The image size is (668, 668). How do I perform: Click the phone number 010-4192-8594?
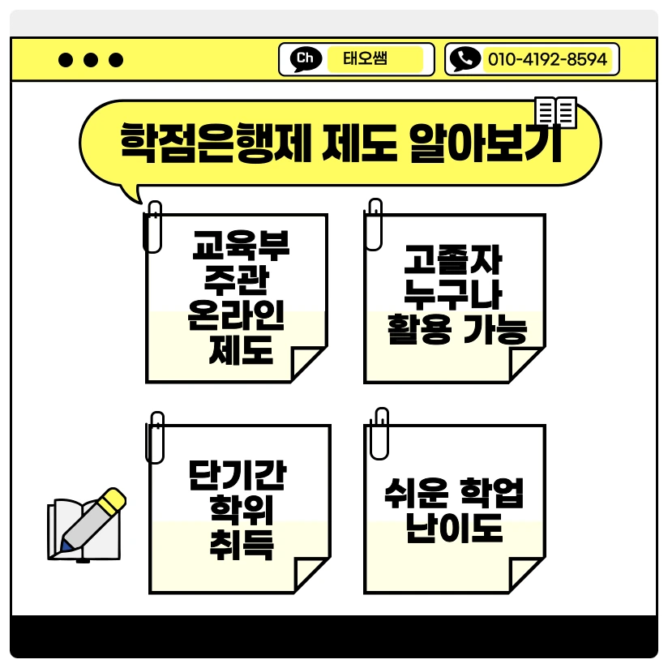[547, 59]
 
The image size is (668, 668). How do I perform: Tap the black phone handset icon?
[465, 59]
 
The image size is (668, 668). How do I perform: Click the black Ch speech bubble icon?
[305, 59]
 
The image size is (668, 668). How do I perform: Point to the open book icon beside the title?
[556, 112]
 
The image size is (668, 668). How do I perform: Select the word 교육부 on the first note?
[241, 244]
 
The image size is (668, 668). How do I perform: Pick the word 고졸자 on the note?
[454, 263]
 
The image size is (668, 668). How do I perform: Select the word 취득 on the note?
[241, 545]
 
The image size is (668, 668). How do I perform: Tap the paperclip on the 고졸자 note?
[374, 223]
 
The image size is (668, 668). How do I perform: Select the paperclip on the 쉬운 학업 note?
[379, 432]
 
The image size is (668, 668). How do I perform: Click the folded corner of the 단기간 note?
[312, 575]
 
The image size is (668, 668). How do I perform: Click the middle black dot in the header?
[92, 59]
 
